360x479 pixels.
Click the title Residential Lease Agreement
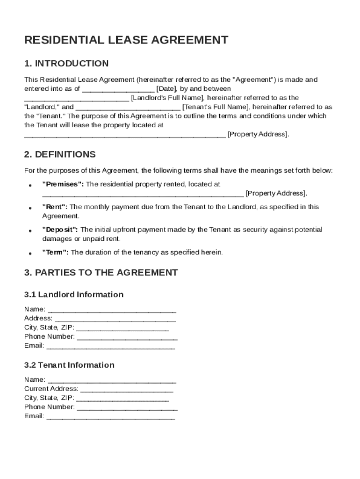pos(126,40)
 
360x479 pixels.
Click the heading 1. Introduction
pos(66,64)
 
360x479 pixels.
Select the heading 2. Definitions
pos(60,154)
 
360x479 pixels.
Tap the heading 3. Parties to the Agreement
pos(101,272)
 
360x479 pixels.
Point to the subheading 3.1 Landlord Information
pos(74,295)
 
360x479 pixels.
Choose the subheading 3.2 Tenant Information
pos(69,365)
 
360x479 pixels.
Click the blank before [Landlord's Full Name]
pos(77,99)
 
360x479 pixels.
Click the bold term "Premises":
pos(63,184)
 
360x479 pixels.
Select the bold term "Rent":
pos(55,207)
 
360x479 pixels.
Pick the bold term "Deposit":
pos(61,230)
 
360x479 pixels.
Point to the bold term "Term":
pos(56,253)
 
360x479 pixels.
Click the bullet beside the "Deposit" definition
pos(30,231)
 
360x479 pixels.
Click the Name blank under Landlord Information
pos(112,310)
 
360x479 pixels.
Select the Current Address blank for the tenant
pos(127,390)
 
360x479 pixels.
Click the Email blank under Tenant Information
pos(111,417)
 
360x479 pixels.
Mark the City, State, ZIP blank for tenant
pos(122,399)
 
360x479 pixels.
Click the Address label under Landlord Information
pos(38,319)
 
